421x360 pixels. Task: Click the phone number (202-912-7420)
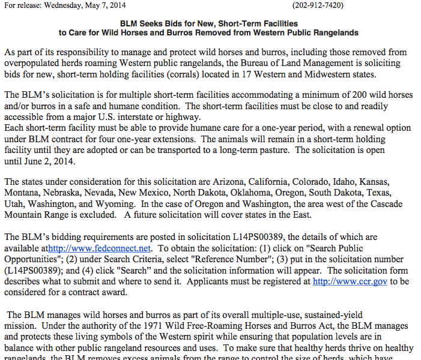tap(318, 5)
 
